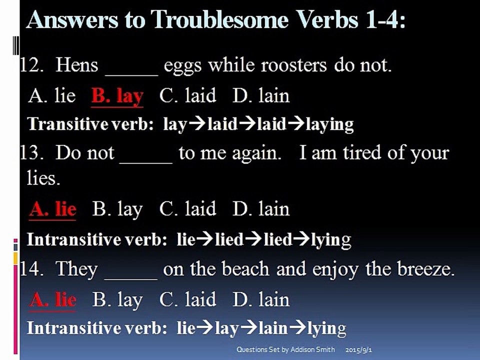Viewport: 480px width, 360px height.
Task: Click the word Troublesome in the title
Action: click(220, 19)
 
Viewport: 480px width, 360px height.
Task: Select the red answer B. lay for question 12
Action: click(117, 96)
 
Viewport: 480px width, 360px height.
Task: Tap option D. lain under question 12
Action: click(261, 95)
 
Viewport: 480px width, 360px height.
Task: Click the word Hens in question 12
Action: click(77, 65)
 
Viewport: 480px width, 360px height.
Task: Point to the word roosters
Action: click(294, 65)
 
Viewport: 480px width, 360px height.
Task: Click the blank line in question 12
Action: click(131, 74)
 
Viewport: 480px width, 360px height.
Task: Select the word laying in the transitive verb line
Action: click(329, 124)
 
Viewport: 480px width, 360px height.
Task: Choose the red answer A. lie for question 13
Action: click(53, 209)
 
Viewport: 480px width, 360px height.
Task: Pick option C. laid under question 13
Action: click(187, 209)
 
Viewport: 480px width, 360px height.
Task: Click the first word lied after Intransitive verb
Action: click(229, 239)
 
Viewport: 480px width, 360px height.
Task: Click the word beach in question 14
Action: click(245, 269)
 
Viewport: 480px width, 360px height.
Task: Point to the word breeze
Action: click(426, 269)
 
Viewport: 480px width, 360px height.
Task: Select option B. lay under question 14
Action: click(117, 300)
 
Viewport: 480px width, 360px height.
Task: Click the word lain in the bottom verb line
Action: click(273, 328)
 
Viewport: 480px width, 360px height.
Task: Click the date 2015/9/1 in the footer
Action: click(358, 349)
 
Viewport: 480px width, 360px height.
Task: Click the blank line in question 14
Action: click(131, 279)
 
